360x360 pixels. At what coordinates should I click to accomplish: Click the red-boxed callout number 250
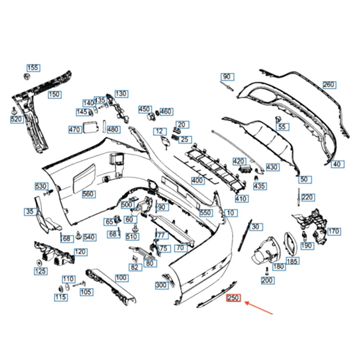tap(234, 298)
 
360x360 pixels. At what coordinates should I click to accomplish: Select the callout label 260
tap(329, 85)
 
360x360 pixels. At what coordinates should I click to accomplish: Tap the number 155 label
tap(33, 68)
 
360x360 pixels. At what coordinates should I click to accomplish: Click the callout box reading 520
tap(16, 119)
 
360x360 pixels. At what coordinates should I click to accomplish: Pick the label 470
tap(75, 129)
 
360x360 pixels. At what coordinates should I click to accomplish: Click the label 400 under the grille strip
tap(197, 180)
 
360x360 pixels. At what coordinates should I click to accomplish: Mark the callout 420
tap(238, 162)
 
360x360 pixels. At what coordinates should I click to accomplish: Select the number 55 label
tap(281, 127)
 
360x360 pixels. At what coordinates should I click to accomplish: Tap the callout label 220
tap(308, 197)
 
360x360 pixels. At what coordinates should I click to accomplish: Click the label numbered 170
tap(333, 232)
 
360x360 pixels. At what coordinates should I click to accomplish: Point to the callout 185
tap(292, 261)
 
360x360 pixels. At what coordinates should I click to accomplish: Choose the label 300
tap(161, 285)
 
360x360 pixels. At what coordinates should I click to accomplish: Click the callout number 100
tap(121, 278)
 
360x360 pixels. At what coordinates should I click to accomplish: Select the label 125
tap(40, 271)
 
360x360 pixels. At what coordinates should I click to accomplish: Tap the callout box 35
tap(30, 211)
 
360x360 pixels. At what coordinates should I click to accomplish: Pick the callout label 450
tap(144, 109)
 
